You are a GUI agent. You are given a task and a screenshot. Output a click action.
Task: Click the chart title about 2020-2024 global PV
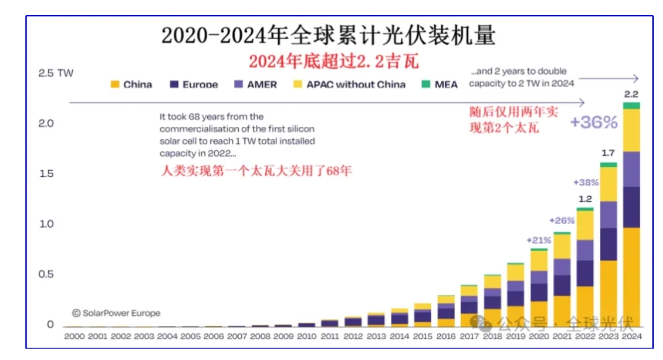328,36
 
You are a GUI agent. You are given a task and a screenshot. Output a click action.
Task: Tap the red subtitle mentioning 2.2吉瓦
333,62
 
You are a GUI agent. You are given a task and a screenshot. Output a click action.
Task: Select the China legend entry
131,85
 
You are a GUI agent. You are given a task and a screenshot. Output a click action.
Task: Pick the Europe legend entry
194,85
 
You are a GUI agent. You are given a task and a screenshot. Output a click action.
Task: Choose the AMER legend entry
255,85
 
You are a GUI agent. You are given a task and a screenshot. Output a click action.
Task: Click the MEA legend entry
440,85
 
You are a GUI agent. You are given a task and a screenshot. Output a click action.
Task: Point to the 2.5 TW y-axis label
56,73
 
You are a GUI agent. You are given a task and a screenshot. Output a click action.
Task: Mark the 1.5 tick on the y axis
46,173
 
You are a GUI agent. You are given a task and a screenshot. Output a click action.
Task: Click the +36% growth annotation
593,122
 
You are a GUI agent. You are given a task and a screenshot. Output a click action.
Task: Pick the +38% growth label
585,183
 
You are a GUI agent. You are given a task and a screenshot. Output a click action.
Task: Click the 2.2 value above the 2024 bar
631,95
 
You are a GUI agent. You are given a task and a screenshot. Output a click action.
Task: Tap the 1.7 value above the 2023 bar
609,153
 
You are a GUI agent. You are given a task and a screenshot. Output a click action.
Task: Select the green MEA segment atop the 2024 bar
631,106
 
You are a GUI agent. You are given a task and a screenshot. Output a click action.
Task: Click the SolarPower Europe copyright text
116,313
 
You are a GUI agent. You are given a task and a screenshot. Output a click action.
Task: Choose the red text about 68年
255,171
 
